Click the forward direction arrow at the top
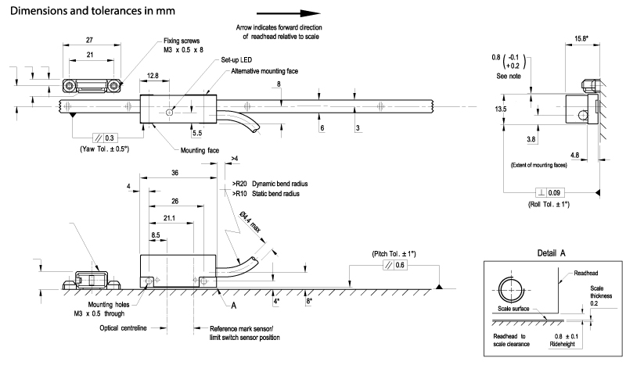point(288,13)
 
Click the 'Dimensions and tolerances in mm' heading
point(92,11)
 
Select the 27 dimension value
point(89,40)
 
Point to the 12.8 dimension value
point(153,75)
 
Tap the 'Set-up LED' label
point(236,60)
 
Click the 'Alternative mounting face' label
point(264,71)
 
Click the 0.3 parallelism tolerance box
point(105,138)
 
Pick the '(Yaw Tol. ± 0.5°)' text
point(105,149)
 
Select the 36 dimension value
point(174,173)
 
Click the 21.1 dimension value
point(169,218)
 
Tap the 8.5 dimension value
point(155,235)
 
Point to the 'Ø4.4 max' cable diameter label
point(250,222)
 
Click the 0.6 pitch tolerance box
point(395,265)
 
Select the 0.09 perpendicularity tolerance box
point(550,193)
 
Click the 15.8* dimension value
point(581,39)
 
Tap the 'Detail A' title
point(552,253)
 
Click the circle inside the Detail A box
point(511,290)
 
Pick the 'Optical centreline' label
point(123,328)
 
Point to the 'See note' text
point(509,76)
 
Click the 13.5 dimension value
point(500,109)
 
